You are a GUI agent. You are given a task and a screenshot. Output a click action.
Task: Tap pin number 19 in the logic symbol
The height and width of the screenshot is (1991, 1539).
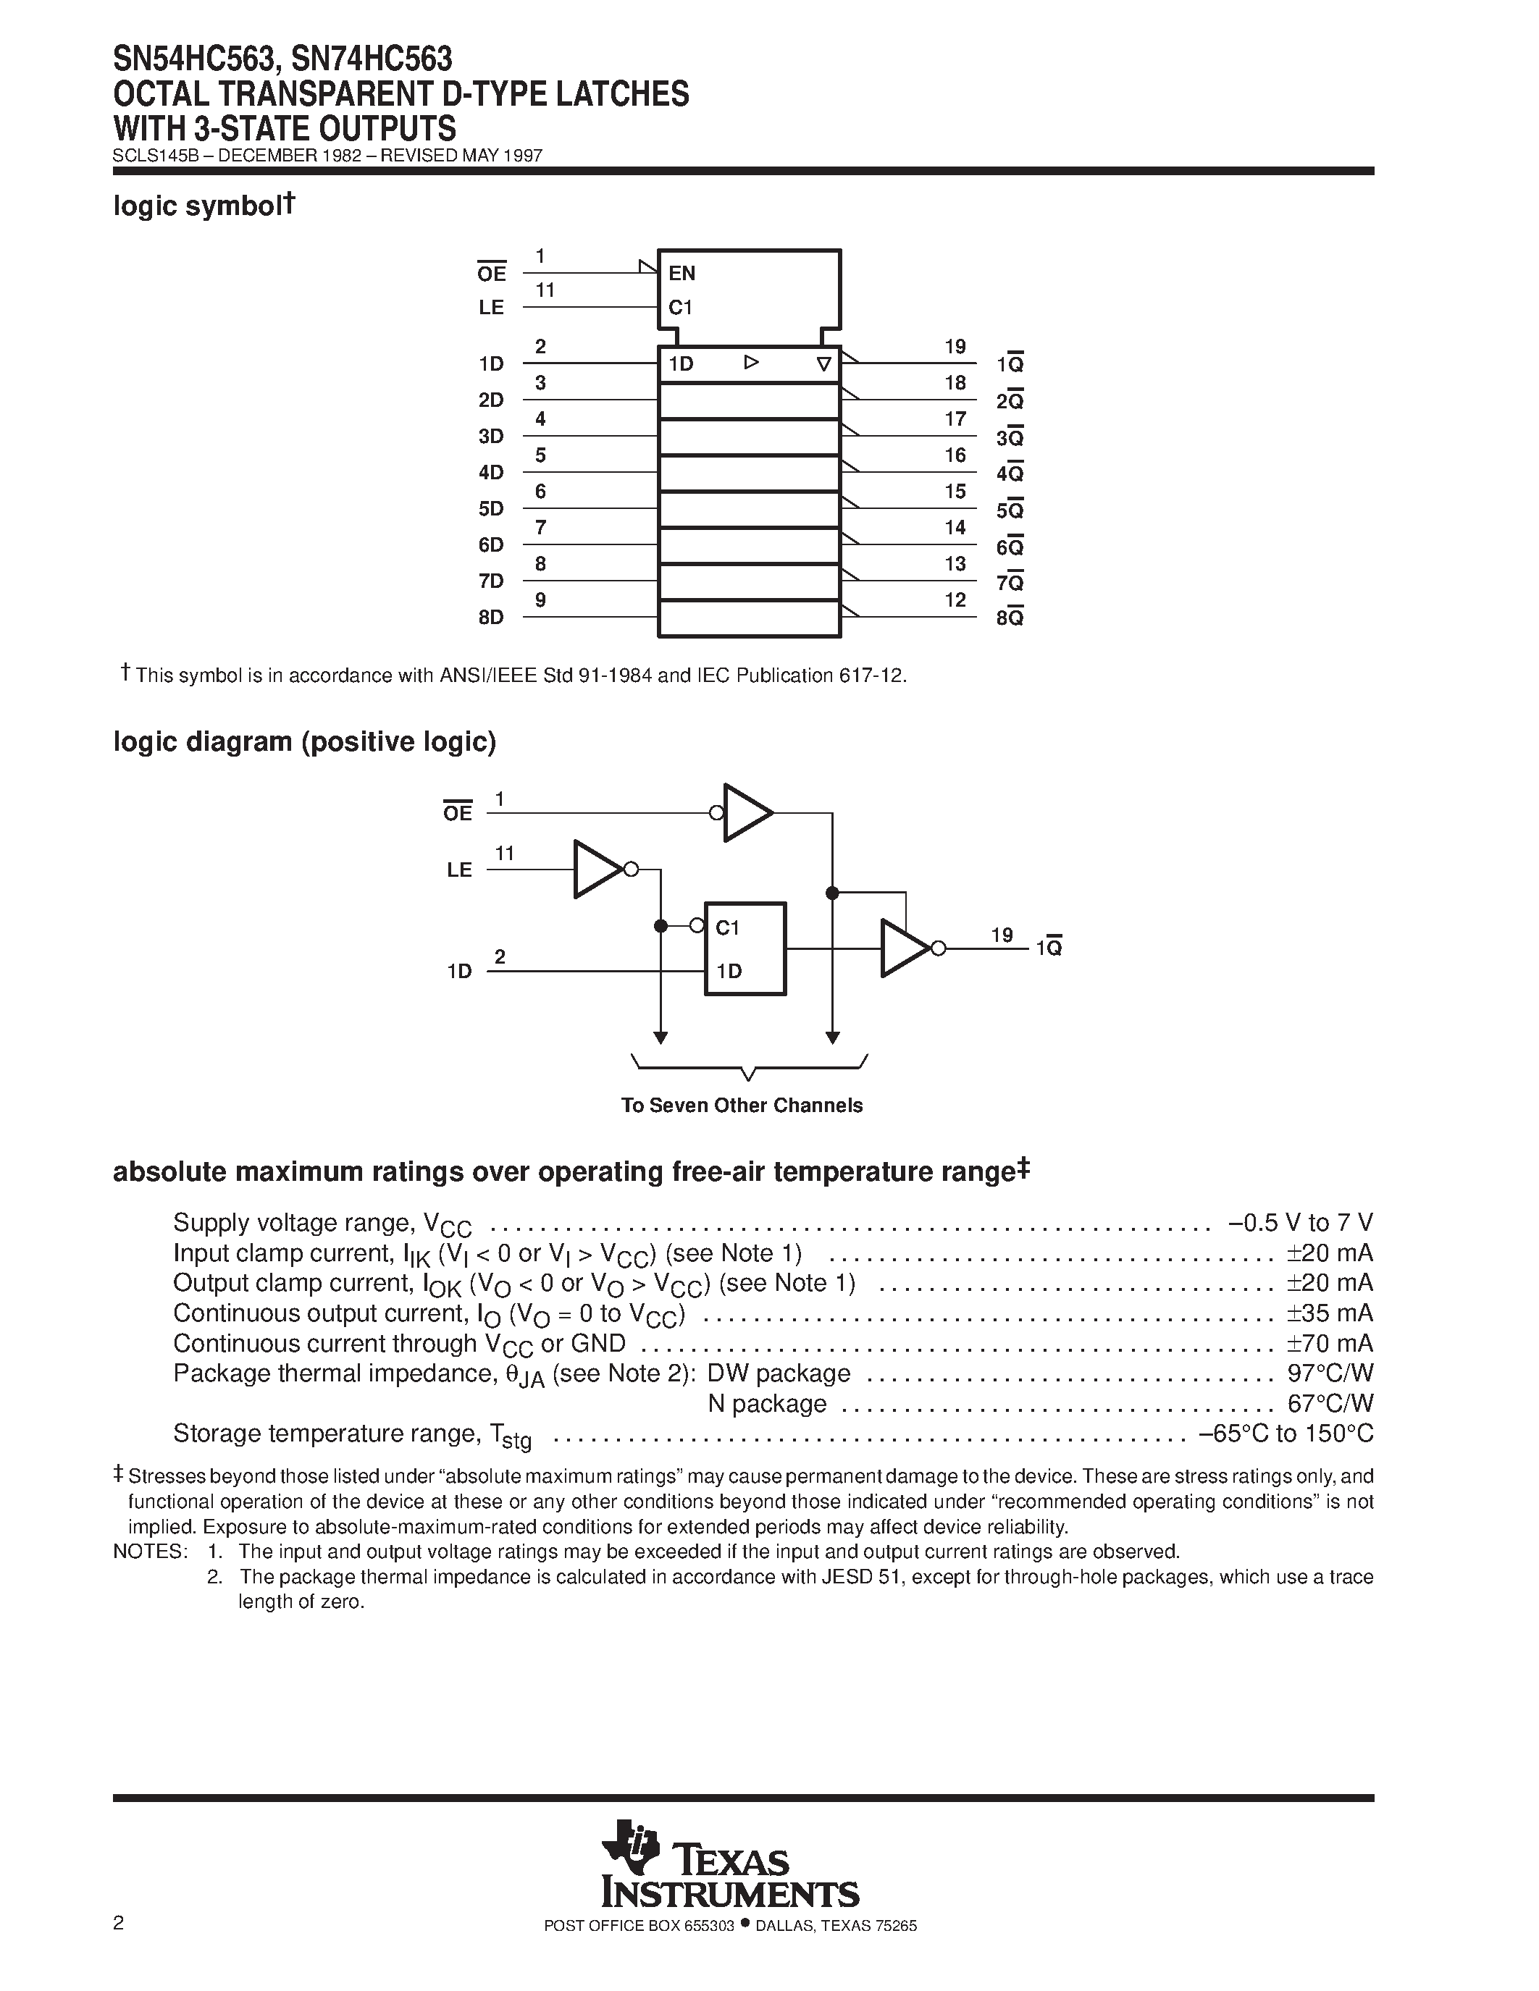(955, 346)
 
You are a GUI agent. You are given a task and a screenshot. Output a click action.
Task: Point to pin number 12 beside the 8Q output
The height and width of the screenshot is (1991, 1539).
(955, 600)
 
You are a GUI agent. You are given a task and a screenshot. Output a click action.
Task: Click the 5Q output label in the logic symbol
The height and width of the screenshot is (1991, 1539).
(1010, 510)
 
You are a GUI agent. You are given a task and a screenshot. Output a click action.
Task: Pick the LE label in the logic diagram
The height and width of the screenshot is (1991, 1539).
(459, 870)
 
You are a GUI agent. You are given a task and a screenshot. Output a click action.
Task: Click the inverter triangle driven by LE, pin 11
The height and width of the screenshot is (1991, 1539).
(598, 870)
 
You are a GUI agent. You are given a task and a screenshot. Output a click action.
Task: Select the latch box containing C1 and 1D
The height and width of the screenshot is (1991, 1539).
(745, 948)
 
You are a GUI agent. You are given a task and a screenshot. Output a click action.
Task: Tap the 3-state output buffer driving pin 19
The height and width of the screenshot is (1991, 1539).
(905, 949)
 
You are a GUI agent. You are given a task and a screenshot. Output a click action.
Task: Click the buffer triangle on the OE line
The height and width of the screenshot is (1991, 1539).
(747, 812)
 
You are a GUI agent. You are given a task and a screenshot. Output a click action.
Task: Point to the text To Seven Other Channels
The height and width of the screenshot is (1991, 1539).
(741, 1106)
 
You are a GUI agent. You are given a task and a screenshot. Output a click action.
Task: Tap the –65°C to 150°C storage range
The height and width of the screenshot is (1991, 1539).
(1286, 1434)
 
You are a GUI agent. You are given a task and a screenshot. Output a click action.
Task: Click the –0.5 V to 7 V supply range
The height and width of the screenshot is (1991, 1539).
(1300, 1223)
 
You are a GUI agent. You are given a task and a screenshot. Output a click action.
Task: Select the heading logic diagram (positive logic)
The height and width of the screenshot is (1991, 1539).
(304, 742)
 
